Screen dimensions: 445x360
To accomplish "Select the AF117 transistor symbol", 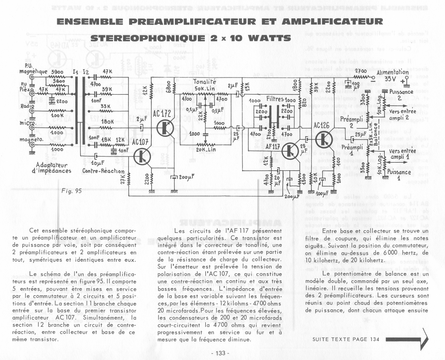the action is click(290, 151).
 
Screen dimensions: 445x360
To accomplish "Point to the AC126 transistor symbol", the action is click(322, 139).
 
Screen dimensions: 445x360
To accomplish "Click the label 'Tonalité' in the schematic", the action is click(205, 82).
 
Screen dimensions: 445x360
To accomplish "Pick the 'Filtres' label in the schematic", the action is click(275, 99).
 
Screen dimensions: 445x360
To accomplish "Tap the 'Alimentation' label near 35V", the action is click(392, 72).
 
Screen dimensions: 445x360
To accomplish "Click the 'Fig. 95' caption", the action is click(72, 191).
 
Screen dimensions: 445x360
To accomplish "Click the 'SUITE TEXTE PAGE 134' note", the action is click(346, 339).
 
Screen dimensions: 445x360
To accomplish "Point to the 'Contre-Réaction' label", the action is click(103, 171).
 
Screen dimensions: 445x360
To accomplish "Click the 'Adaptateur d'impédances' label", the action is click(52, 168).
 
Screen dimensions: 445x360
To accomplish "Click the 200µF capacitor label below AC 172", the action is click(186, 177).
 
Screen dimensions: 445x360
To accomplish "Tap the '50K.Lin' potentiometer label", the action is click(205, 89).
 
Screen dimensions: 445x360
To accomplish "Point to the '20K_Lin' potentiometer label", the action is click(206, 150).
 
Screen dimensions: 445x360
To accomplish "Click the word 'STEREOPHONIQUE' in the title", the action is click(148, 38).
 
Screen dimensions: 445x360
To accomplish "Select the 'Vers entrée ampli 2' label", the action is click(402, 115).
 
